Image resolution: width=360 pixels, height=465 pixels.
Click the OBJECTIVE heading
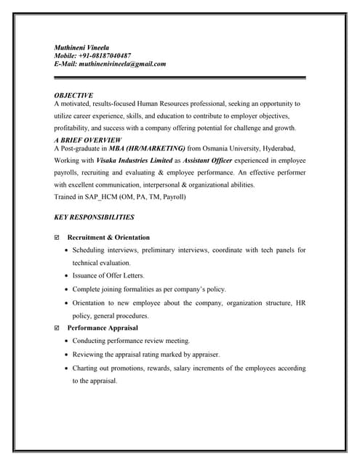pyautogui.click(x=73, y=95)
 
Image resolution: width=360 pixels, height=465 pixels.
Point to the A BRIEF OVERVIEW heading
pyautogui.click(x=88, y=139)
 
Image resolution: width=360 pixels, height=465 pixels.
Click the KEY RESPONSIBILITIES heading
pyautogui.click(x=94, y=217)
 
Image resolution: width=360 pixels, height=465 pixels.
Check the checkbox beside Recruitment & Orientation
pyautogui.click(x=57, y=238)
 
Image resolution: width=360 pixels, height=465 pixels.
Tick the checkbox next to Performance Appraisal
pyautogui.click(x=57, y=328)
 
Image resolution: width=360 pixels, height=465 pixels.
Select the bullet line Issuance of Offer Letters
pyautogui.click(x=108, y=276)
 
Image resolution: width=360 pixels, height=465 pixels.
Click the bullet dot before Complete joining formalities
pyautogui.click(x=66, y=289)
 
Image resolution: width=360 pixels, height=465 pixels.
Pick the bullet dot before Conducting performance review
pyautogui.click(x=66, y=341)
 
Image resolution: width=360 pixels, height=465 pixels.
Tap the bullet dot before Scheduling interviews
pyautogui.click(x=66, y=251)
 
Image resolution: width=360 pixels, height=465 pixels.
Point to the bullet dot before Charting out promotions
pyautogui.click(x=66, y=368)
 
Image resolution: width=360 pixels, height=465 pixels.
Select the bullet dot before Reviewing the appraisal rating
pyautogui.click(x=66, y=355)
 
